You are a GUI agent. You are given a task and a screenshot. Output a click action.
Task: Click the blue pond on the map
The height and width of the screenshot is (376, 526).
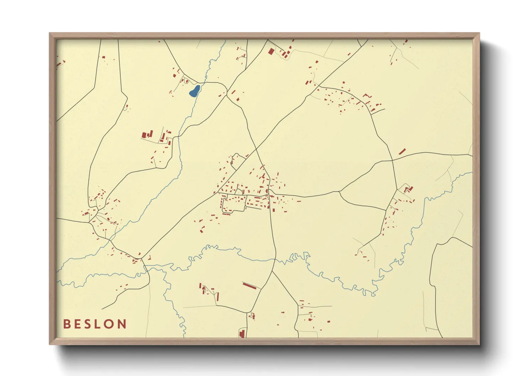(194, 91)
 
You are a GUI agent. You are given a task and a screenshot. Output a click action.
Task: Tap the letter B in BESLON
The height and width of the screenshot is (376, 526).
(66, 324)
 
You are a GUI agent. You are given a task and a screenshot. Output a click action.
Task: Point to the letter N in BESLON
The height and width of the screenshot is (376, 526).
(122, 324)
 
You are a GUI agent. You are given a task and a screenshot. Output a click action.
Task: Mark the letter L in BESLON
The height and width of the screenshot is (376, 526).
(97, 324)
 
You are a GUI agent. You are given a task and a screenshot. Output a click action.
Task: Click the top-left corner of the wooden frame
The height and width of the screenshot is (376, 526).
(49, 33)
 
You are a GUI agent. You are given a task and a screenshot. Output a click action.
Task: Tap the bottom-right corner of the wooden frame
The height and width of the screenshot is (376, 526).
(479, 344)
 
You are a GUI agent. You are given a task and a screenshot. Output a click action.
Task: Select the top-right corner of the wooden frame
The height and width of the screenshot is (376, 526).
(479, 33)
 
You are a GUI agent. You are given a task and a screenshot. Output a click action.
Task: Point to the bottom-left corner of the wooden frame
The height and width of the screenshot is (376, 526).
(49, 344)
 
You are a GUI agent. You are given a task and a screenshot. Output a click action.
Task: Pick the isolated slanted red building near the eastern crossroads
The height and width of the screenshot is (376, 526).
(402, 151)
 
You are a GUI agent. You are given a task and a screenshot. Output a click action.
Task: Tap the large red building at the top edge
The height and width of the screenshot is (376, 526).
(271, 52)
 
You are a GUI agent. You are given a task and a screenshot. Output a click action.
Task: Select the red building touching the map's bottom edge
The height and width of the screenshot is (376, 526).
(242, 334)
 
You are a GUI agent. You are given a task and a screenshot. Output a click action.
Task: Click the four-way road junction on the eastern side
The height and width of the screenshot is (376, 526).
(392, 160)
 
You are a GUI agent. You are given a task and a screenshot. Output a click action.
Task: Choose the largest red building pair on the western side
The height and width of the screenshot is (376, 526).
(147, 135)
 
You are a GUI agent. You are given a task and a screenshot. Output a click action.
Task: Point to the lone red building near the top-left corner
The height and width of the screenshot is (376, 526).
(103, 57)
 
